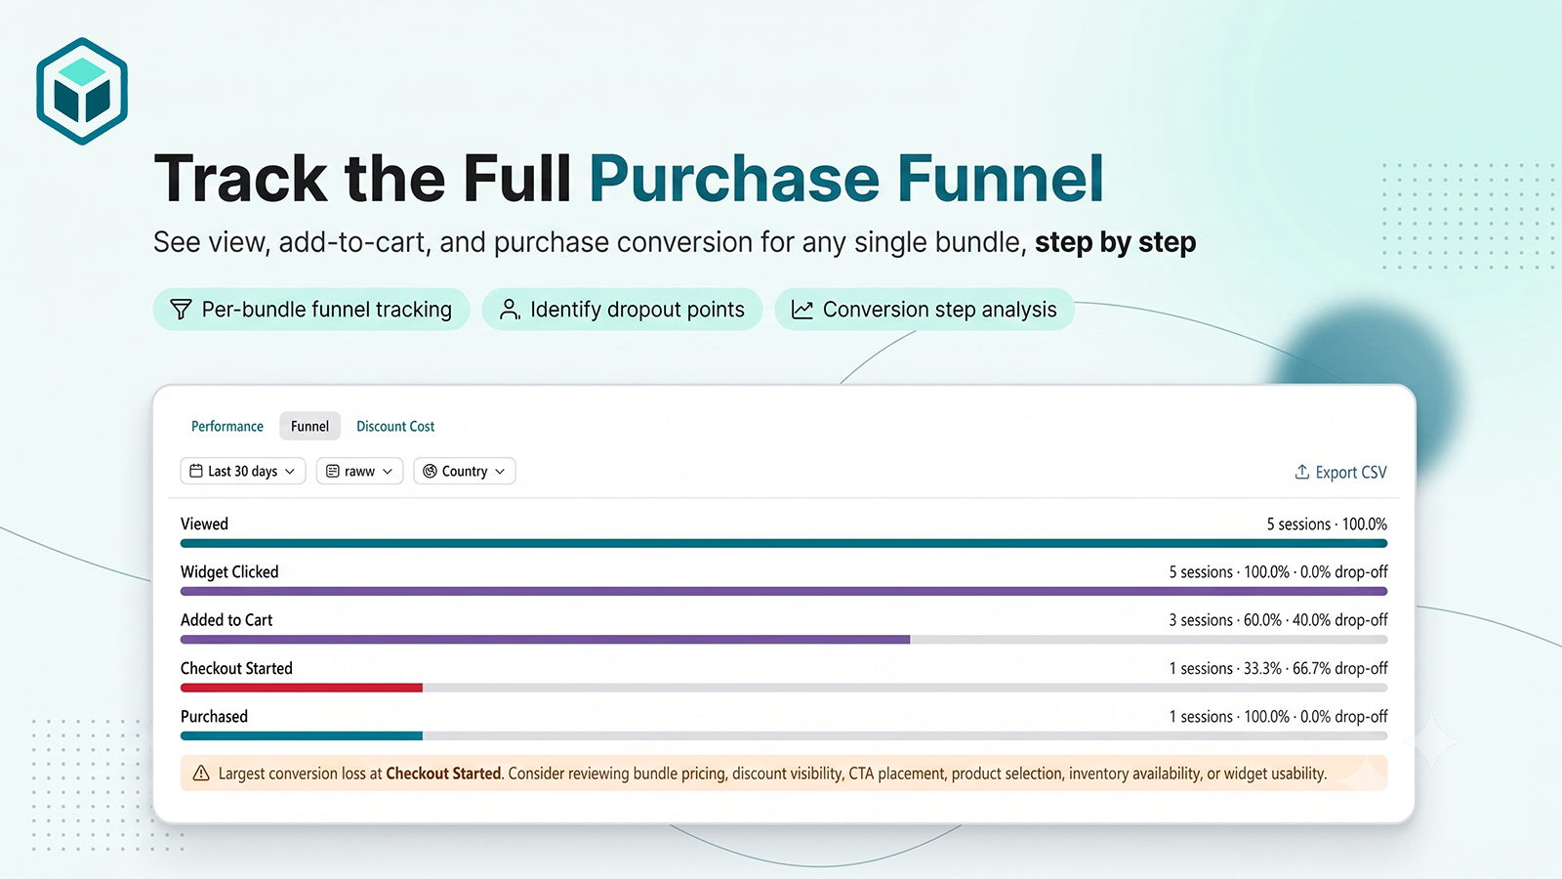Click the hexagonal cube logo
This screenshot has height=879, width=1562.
coord(82,91)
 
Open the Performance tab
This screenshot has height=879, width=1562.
coord(227,426)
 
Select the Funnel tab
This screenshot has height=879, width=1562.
coord(309,426)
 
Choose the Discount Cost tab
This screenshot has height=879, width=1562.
coord(395,426)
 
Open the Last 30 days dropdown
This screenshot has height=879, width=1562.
coord(243,471)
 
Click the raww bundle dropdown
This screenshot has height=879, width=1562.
coord(359,471)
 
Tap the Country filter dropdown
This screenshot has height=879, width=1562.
coord(465,471)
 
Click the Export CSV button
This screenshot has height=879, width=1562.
coord(1341,473)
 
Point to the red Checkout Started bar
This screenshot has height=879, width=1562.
coord(302,688)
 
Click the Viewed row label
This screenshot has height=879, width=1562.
coord(204,523)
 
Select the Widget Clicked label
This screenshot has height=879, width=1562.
coord(229,572)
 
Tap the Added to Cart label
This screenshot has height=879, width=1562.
coord(226,620)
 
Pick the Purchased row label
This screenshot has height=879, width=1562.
coord(214,717)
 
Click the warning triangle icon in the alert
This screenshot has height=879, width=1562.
coord(201,773)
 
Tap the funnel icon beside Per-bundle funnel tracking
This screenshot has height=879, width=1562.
coord(181,309)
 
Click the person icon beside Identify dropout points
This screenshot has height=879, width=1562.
coord(510,309)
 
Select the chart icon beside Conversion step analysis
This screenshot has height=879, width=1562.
coord(802,309)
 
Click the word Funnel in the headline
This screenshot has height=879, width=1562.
coord(1000,179)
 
